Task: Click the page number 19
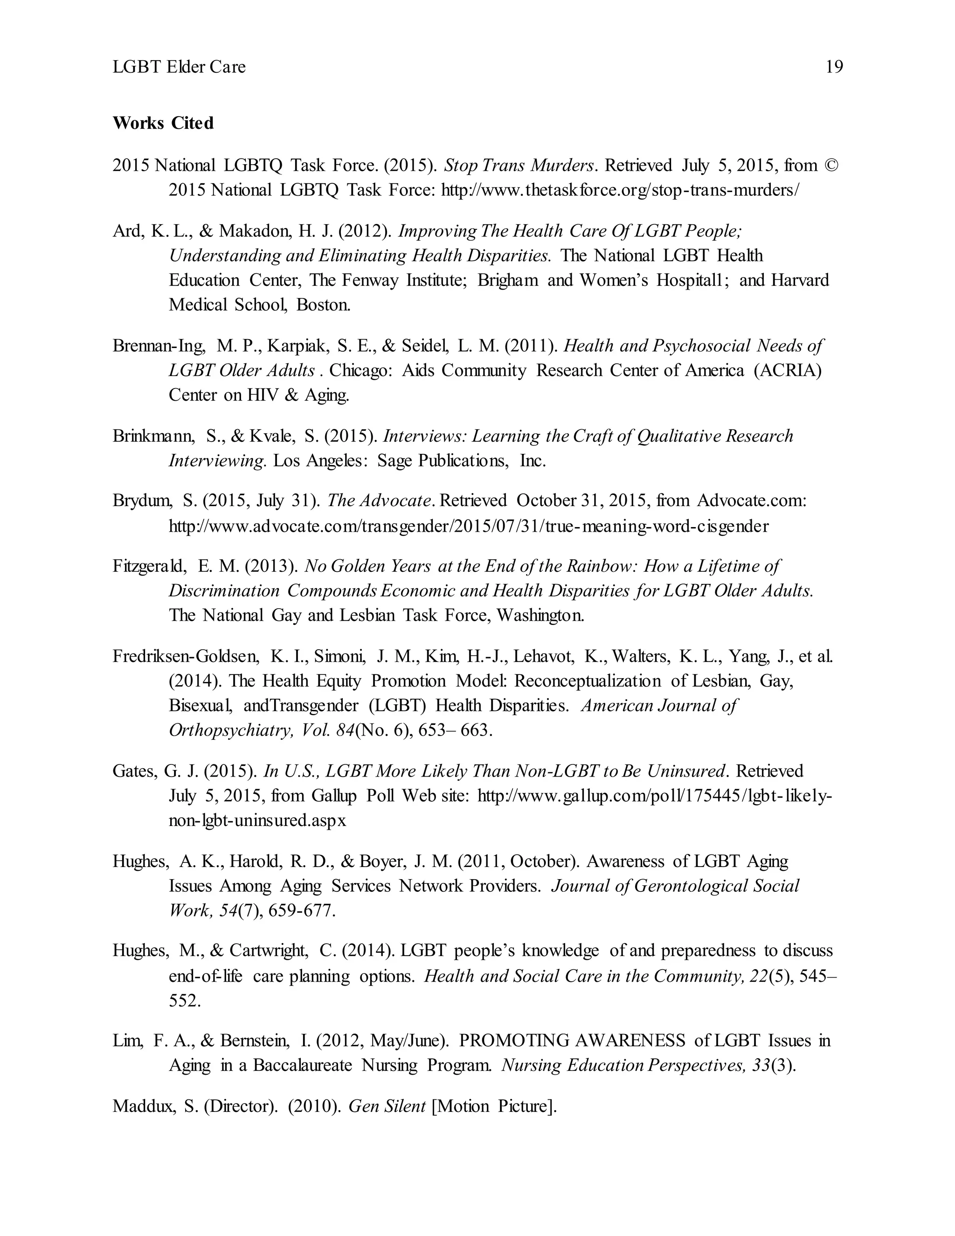click(x=834, y=67)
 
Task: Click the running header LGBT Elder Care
click(x=179, y=67)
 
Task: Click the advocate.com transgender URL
click(x=469, y=526)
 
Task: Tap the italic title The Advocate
click(x=380, y=500)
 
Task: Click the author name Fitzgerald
click(x=149, y=566)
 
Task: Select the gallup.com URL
click(x=655, y=796)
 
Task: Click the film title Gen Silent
click(x=387, y=1106)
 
